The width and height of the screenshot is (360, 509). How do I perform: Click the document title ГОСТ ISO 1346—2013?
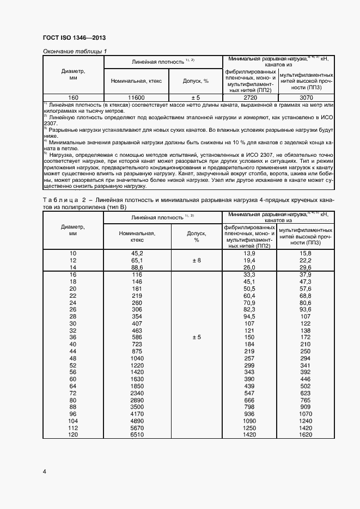(74, 38)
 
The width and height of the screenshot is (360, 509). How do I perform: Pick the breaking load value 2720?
(249, 97)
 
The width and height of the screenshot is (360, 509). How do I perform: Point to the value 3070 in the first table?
(305, 97)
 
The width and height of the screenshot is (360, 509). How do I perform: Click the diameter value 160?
(73, 97)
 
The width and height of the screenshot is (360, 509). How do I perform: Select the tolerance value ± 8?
(196, 261)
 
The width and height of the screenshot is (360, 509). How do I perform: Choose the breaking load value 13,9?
(249, 254)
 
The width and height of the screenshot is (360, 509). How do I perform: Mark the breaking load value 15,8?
(305, 254)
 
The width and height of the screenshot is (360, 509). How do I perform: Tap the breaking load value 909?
(305, 407)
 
